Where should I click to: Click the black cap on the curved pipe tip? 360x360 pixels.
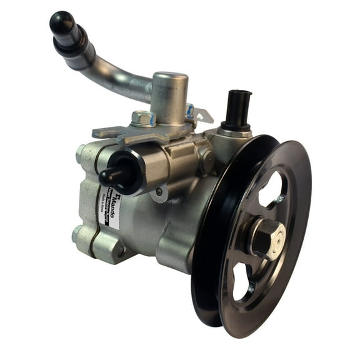(x=61, y=23)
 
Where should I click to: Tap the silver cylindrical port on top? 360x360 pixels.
(x=169, y=94)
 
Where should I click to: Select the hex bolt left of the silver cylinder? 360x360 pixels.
(x=142, y=117)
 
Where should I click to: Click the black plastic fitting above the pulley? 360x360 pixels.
(x=238, y=109)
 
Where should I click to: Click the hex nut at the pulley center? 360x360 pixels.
(x=266, y=234)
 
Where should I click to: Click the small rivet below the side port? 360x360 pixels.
(x=159, y=192)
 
